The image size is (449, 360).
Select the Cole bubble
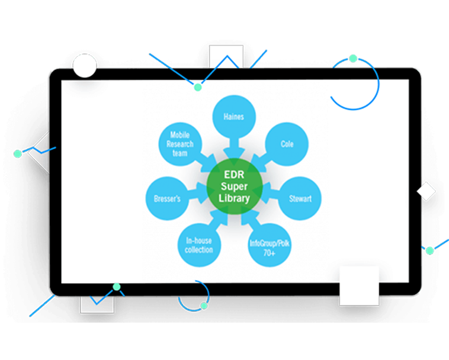pyautogui.click(x=287, y=144)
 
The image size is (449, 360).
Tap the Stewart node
pyautogui.click(x=299, y=198)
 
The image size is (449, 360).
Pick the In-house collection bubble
pyautogui.click(x=199, y=245)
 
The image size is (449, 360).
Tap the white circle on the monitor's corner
pyautogui.click(x=84, y=65)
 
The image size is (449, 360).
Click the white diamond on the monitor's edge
pyautogui.click(x=426, y=192)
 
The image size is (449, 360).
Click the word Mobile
pyautogui.click(x=179, y=135)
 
